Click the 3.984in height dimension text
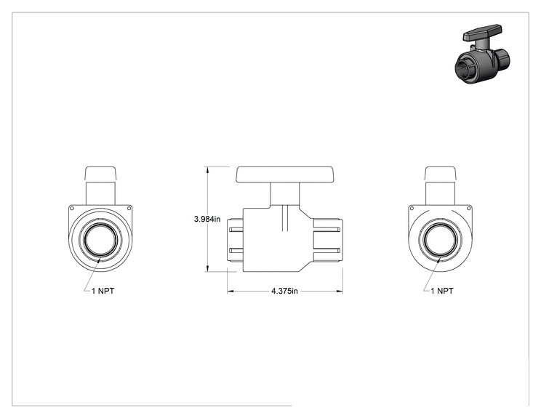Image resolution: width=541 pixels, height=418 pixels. (207, 219)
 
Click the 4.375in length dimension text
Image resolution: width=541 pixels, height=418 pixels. (284, 291)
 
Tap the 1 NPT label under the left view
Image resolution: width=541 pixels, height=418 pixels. (103, 291)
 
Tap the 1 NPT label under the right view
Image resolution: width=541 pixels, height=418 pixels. (442, 291)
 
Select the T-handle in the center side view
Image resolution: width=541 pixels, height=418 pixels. (284, 174)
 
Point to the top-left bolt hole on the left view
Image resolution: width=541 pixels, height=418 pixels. (72, 209)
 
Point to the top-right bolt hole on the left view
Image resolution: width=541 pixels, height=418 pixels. (129, 209)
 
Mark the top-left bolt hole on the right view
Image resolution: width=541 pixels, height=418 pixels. (412, 209)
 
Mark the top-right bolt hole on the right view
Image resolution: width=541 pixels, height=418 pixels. (469, 209)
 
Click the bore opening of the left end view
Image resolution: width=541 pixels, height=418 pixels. (101, 240)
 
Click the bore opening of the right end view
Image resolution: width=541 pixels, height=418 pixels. (440, 240)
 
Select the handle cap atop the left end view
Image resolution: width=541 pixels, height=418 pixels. (100, 174)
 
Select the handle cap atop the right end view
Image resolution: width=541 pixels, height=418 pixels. (440, 174)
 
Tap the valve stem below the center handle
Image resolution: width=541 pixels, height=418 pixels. (284, 194)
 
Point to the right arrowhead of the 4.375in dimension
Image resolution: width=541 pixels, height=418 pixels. (340, 292)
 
